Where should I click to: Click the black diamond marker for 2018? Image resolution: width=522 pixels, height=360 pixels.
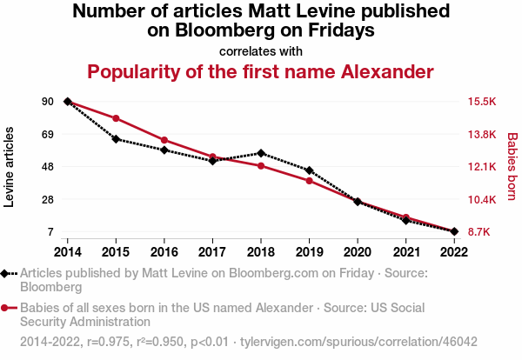[x=261, y=153]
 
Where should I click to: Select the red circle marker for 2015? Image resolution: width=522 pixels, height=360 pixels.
[x=116, y=118]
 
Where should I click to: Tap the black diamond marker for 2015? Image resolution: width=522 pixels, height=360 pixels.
[x=116, y=139]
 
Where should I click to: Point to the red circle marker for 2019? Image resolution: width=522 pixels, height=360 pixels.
[x=309, y=181]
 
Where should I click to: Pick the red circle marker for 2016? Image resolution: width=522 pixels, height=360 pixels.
[x=164, y=140]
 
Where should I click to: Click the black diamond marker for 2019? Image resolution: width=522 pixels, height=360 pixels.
[x=309, y=170]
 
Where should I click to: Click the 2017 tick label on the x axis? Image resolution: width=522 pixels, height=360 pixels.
[x=212, y=252]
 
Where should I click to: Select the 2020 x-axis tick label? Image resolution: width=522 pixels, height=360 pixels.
[x=358, y=252]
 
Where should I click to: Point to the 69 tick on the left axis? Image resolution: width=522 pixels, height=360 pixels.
[x=47, y=134]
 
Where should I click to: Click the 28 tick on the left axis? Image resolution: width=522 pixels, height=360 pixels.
[x=47, y=200]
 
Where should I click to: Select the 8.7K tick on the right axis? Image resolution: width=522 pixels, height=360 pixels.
[x=481, y=232]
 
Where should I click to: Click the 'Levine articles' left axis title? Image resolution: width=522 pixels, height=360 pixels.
[x=10, y=167]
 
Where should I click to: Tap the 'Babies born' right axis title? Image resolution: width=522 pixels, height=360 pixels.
[x=512, y=167]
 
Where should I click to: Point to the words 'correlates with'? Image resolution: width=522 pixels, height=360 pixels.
[x=261, y=50]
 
